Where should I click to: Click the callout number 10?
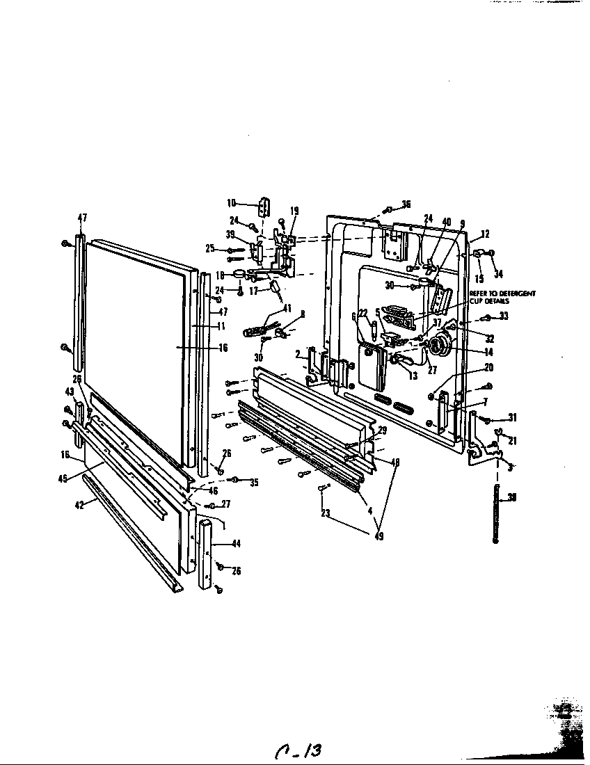(x=231, y=203)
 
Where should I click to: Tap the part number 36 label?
(x=406, y=204)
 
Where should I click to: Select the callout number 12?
(x=486, y=234)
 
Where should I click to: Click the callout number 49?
(x=378, y=537)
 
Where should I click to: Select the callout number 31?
(x=512, y=418)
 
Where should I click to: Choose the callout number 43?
(x=70, y=392)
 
